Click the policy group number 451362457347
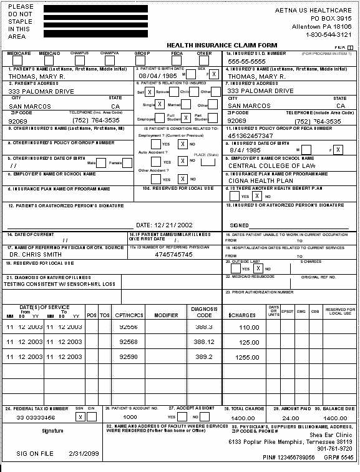point(250,135)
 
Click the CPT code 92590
point(128,356)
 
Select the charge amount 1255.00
point(248,357)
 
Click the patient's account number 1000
point(130,417)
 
